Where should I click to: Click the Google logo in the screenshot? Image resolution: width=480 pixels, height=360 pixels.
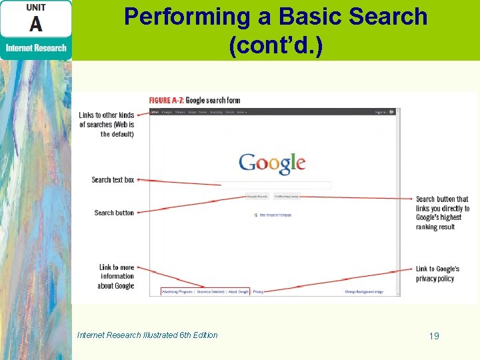tap(272, 163)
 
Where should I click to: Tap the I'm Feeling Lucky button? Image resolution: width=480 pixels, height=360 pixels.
tap(287, 197)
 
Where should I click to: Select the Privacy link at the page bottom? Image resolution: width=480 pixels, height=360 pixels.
tap(258, 291)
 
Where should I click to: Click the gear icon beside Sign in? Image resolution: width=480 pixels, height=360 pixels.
tap(392, 112)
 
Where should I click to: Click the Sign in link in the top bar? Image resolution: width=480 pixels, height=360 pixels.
tap(380, 112)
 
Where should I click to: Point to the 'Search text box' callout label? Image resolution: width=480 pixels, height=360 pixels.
tap(113, 180)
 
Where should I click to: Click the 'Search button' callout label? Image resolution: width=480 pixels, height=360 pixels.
tap(114, 213)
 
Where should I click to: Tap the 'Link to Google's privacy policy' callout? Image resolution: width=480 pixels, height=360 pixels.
tap(437, 273)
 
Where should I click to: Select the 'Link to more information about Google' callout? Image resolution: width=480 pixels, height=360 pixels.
tap(117, 277)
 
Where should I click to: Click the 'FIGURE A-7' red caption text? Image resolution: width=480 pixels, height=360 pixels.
tap(165, 101)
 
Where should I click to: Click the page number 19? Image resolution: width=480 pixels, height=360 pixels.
tap(434, 336)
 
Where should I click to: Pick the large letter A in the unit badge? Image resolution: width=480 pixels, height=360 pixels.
tap(35, 24)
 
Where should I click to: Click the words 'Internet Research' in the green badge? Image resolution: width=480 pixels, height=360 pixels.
tap(36, 48)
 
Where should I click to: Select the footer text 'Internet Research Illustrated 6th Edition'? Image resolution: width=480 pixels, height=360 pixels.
tap(147, 335)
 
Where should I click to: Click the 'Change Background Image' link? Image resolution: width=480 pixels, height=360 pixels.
tap(364, 291)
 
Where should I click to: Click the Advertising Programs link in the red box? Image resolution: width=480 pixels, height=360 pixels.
tap(177, 291)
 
